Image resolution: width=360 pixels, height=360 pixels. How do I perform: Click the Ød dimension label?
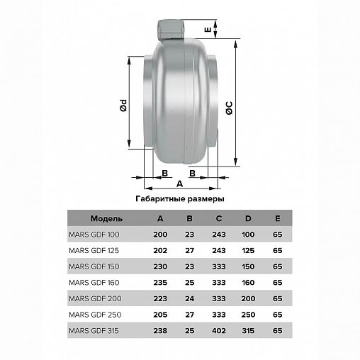click(123, 106)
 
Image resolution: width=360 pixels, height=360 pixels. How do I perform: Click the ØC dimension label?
click(229, 108)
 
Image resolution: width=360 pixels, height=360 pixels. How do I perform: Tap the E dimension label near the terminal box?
click(208, 30)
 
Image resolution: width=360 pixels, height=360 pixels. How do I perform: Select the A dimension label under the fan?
click(180, 184)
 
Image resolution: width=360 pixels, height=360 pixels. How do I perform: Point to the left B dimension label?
click(165, 174)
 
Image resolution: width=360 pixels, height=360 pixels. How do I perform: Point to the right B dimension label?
click(193, 174)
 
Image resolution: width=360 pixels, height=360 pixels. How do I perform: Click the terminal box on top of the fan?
click(171, 29)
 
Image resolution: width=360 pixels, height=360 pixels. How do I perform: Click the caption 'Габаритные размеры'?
click(180, 199)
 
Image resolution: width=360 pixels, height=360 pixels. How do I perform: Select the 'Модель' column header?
click(106, 218)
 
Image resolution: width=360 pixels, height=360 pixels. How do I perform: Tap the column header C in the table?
click(219, 218)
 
